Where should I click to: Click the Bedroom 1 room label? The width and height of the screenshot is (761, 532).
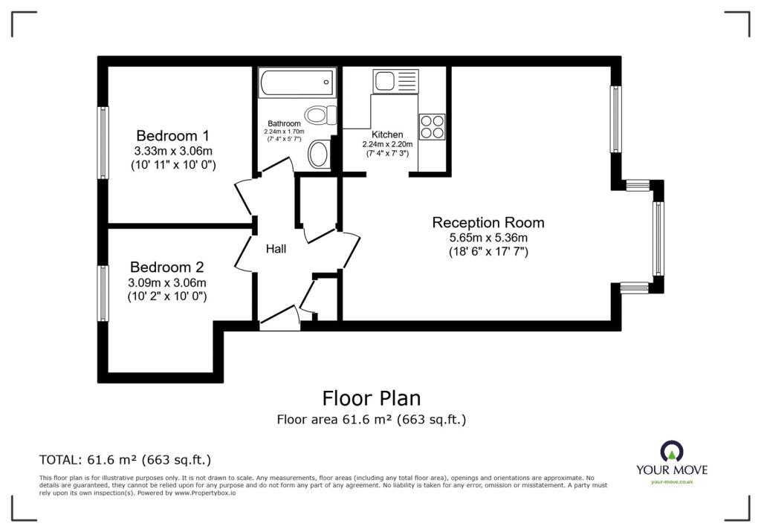[x=172, y=136]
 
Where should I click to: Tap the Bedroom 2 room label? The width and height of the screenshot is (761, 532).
[x=166, y=267]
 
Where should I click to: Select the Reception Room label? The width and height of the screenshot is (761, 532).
[x=488, y=222]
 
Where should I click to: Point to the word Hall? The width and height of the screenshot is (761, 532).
[x=276, y=250]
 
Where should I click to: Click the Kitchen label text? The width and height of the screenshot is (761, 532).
[x=382, y=134]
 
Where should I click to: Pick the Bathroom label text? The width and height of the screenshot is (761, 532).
[x=284, y=123]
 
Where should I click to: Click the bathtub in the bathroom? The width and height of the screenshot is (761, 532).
[x=296, y=82]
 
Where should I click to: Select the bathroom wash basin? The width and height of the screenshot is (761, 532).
[x=318, y=155]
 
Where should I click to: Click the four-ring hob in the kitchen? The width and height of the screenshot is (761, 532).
[x=432, y=126]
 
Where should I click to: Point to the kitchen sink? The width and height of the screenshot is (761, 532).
[x=396, y=80]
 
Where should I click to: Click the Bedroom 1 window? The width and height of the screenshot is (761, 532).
[x=103, y=143]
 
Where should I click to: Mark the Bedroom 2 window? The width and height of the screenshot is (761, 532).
[x=103, y=293]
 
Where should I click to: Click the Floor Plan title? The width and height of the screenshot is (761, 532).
[x=371, y=399]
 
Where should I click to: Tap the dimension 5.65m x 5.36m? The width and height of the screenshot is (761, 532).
[x=488, y=238]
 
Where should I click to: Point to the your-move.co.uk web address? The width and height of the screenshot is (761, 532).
[x=672, y=482]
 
